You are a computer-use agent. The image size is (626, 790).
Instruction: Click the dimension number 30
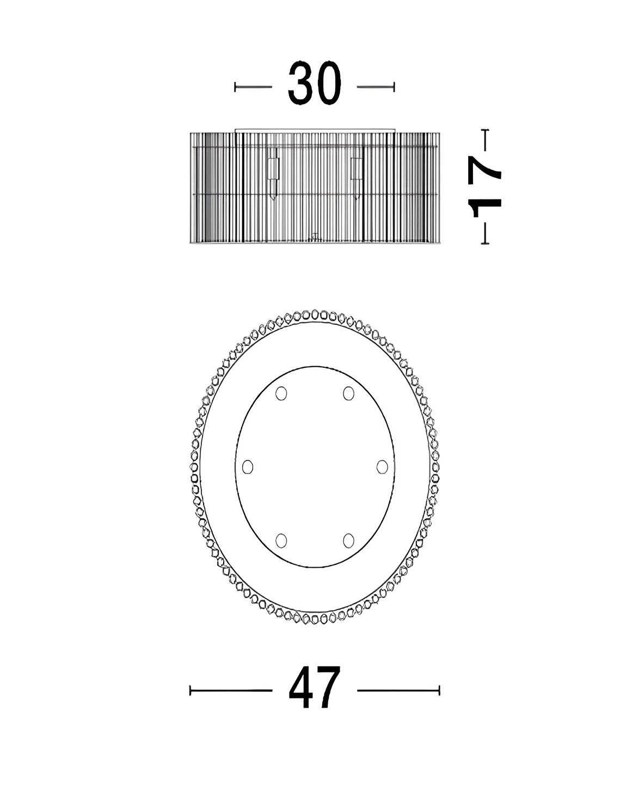315,83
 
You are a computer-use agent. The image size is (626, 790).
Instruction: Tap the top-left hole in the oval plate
281,393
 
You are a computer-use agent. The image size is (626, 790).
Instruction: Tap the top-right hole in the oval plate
349,393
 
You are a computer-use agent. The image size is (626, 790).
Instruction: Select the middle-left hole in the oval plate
248,467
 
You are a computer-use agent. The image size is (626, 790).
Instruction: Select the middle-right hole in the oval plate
382,467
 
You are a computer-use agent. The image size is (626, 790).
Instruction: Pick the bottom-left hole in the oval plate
281,540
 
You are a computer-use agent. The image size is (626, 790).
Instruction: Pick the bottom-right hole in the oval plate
349,540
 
